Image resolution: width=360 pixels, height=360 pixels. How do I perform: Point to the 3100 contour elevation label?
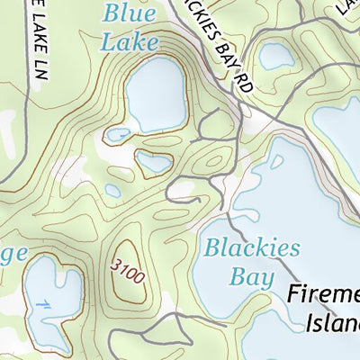[129, 269]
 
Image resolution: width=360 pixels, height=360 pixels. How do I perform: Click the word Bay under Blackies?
[251, 276]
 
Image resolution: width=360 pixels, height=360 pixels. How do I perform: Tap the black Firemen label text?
[324, 295]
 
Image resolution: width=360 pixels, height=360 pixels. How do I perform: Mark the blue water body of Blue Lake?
[155, 94]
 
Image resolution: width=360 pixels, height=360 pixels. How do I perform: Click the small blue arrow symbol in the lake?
[44, 305]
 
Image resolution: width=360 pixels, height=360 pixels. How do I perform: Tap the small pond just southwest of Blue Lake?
[117, 135]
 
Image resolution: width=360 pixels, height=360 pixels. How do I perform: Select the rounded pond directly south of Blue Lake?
[153, 162]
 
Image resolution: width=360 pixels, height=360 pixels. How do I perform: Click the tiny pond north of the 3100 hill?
[112, 190]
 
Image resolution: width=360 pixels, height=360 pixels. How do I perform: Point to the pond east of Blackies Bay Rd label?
[274, 57]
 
